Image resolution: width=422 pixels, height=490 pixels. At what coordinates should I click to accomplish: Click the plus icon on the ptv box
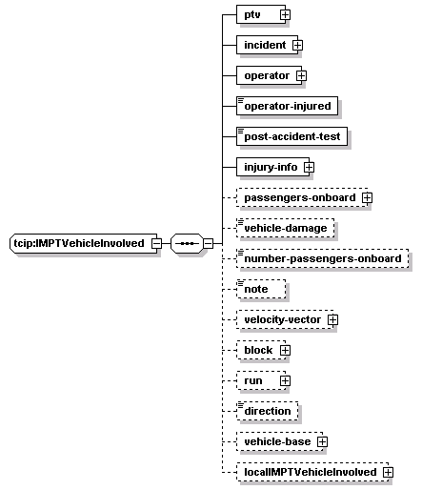(x=285, y=14)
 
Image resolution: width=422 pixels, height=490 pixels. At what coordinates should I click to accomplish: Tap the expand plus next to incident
(x=297, y=45)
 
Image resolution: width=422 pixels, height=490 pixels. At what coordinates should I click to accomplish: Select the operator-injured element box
(x=287, y=106)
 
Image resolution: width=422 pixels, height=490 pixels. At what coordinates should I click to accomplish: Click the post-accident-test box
(x=291, y=136)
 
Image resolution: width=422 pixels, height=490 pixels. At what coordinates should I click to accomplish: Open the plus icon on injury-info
(x=309, y=167)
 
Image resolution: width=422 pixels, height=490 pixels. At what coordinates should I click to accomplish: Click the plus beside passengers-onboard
(x=367, y=197)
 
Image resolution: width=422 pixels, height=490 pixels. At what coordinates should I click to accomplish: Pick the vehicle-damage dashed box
(x=286, y=228)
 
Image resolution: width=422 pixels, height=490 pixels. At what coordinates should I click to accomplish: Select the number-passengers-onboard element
(x=323, y=258)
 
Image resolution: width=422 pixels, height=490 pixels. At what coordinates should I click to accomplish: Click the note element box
(x=261, y=289)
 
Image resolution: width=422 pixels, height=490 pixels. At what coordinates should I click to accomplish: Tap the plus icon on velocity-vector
(x=332, y=319)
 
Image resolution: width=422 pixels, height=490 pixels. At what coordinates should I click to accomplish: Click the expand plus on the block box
(x=285, y=350)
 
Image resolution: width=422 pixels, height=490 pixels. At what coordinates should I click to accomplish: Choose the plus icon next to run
(x=285, y=380)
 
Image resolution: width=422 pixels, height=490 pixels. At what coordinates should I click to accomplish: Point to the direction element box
(x=268, y=411)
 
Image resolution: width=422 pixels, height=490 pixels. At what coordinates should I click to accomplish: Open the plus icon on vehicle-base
(x=322, y=441)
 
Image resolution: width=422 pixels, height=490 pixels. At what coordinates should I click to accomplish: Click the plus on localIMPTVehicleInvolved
(x=388, y=472)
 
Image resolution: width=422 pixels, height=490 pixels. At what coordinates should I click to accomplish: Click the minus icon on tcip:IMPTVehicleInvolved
(x=156, y=243)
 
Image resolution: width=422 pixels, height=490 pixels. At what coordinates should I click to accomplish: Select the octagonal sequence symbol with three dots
(x=187, y=243)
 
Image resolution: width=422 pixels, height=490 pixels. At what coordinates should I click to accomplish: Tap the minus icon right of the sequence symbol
(x=208, y=243)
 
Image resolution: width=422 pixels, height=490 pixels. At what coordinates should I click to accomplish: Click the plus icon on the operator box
(x=301, y=75)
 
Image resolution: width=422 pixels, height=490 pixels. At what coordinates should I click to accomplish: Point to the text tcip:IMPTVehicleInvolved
(x=79, y=243)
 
